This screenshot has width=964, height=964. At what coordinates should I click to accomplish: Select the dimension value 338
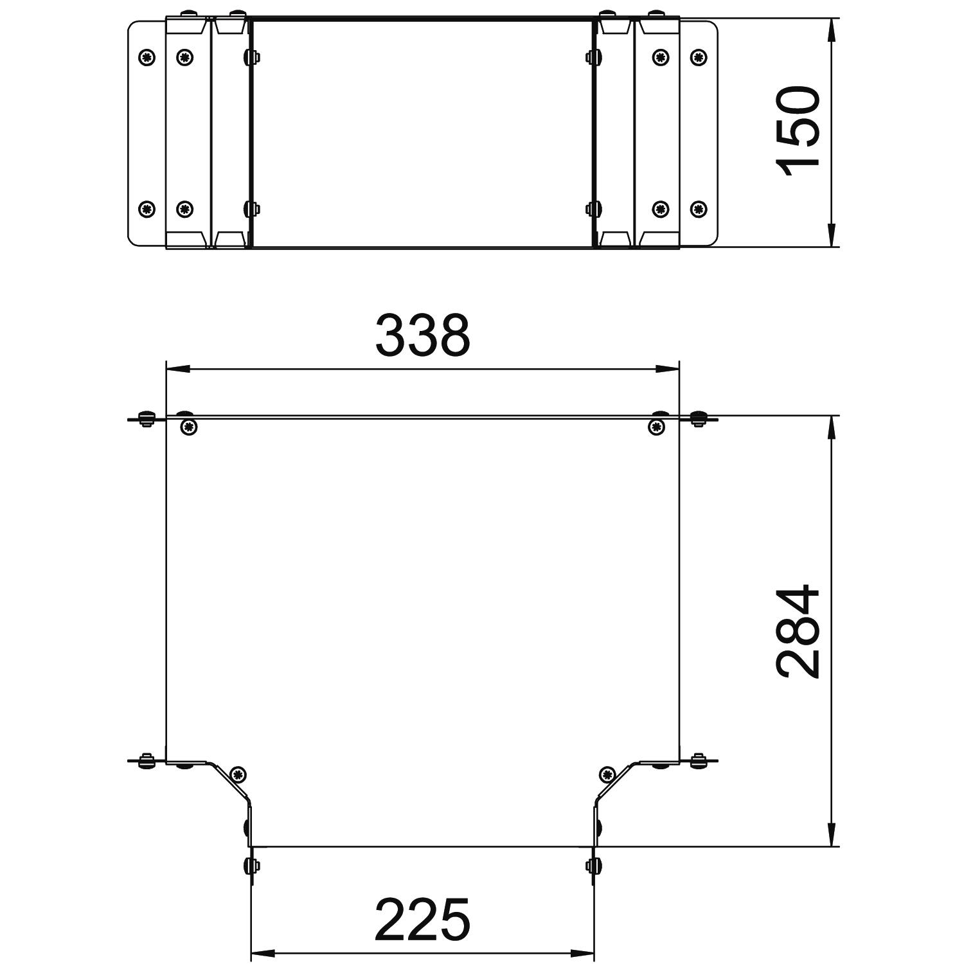tap(423, 336)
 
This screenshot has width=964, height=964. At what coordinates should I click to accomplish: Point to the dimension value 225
tap(422, 919)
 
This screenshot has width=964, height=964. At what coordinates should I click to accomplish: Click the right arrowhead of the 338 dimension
tap(666, 369)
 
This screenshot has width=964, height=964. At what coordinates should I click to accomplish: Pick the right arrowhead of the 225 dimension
tap(582, 952)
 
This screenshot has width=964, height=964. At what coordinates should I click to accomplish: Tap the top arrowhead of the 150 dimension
tap(832, 30)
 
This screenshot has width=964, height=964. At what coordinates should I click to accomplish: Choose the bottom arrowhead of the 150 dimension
tap(832, 235)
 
